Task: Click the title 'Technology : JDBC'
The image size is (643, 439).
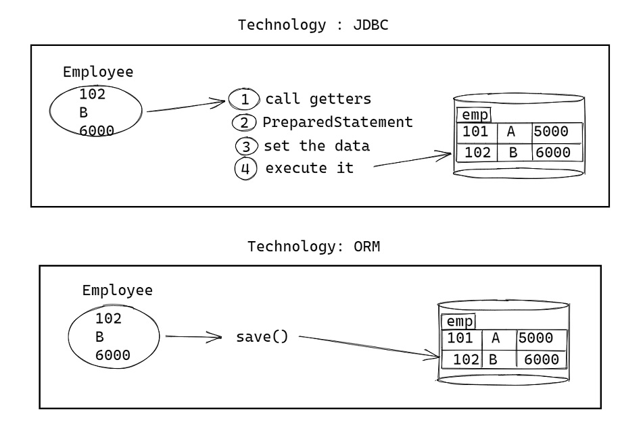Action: click(313, 26)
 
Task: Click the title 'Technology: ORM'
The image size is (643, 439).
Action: click(313, 246)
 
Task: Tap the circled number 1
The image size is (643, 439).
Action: click(244, 100)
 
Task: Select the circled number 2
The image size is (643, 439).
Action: click(244, 123)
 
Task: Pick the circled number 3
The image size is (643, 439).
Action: click(247, 146)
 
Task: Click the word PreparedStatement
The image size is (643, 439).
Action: click(337, 122)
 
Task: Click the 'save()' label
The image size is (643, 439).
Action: click(262, 336)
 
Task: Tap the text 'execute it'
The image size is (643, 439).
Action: click(309, 168)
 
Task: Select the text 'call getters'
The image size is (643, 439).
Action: click(318, 99)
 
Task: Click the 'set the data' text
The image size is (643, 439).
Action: click(316, 145)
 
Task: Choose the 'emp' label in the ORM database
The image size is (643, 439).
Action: click(458, 321)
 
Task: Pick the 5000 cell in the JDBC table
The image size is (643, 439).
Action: click(551, 132)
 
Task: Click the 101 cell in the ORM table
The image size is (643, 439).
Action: click(460, 338)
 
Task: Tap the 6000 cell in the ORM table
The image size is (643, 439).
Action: click(542, 359)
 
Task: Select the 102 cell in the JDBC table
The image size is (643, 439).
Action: click(477, 153)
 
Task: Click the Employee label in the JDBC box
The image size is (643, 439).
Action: click(98, 72)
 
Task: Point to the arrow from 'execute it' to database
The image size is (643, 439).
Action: click(412, 160)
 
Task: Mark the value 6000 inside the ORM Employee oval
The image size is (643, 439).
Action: click(113, 355)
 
